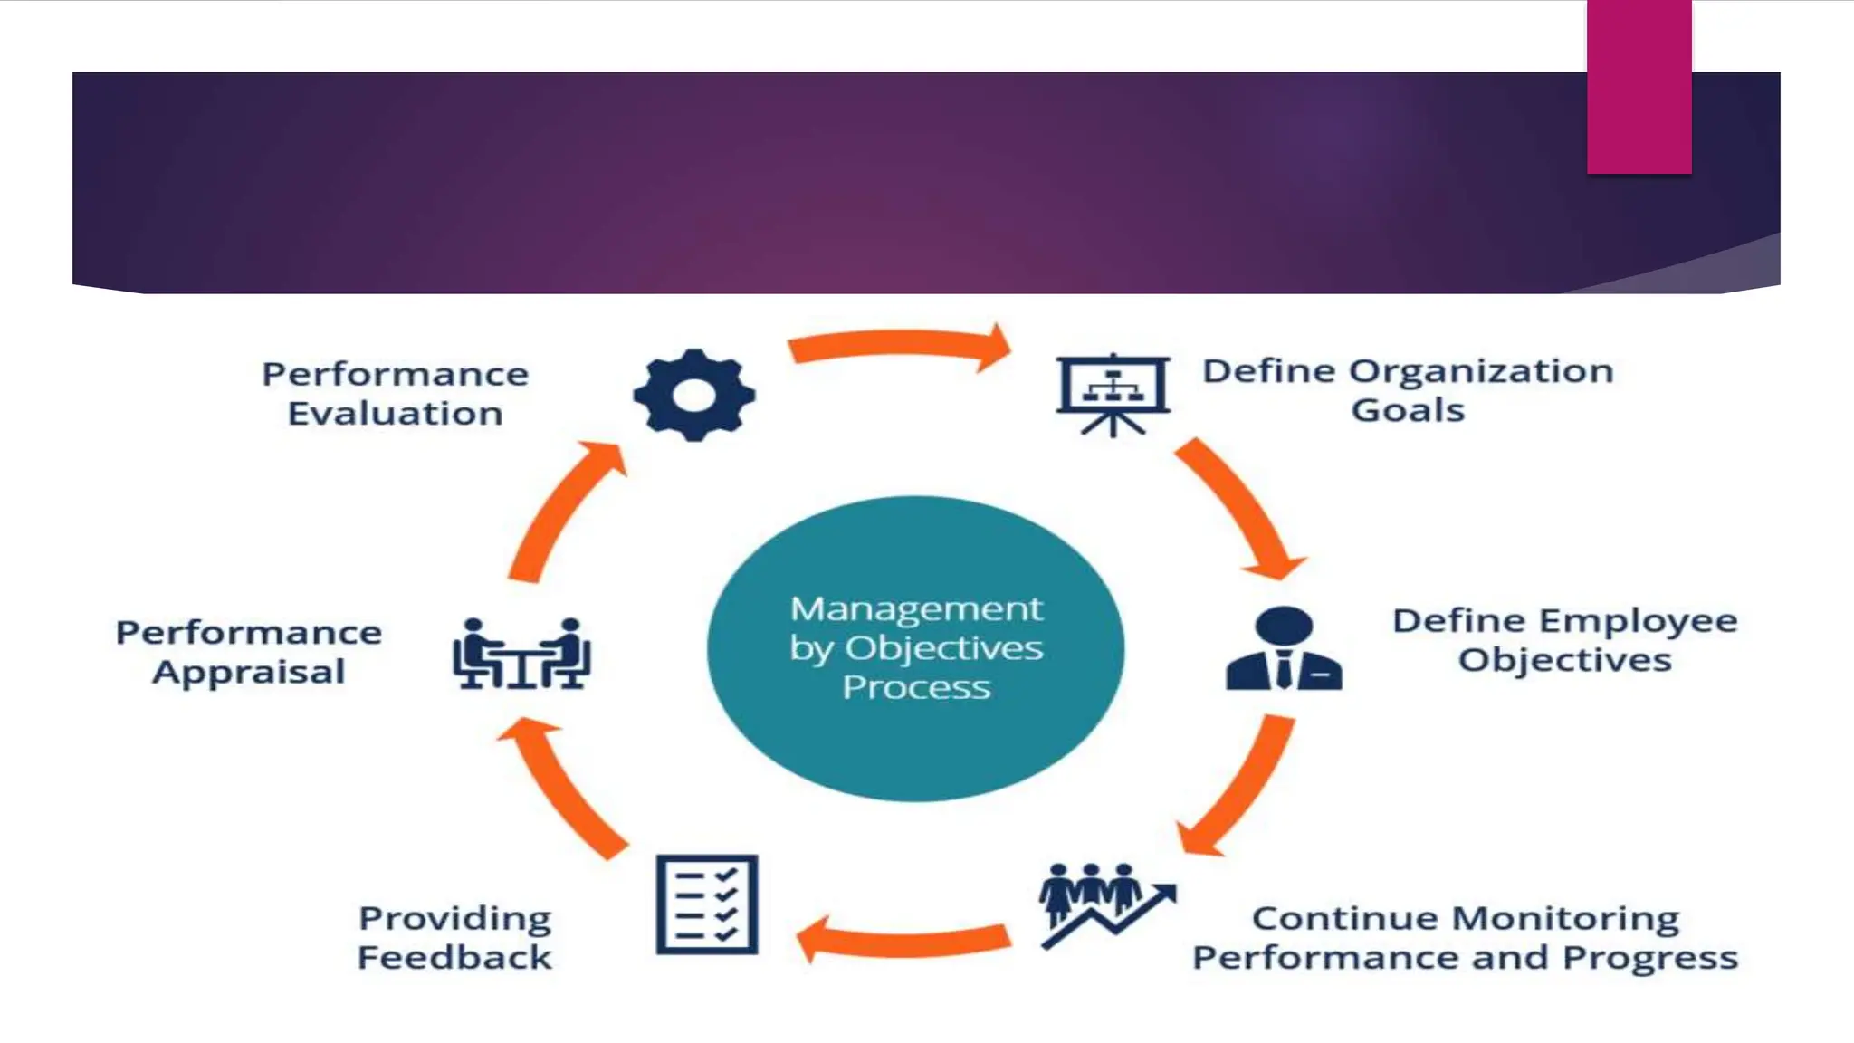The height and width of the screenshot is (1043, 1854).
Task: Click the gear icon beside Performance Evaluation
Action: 694,395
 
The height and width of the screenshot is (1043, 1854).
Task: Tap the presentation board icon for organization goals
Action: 1113,392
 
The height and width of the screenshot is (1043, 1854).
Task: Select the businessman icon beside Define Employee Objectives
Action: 1284,648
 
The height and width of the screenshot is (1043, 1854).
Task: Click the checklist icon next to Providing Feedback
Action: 707,904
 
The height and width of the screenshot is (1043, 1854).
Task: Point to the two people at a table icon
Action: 521,654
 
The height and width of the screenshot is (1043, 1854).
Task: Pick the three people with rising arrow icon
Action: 1104,904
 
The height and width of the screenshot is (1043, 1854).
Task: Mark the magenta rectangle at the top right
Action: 1639,87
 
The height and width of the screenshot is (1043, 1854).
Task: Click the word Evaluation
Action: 395,414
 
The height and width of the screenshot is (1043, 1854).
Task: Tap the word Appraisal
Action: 249,672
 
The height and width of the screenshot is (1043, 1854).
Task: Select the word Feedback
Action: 454,957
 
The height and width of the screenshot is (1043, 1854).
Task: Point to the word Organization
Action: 1481,371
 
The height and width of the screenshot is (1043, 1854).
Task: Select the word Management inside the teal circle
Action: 916,608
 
